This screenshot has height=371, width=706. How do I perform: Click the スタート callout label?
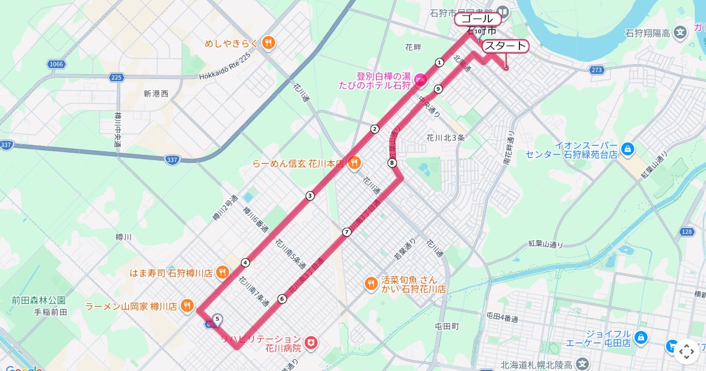click(x=505, y=47)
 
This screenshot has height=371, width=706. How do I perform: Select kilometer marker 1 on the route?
click(x=439, y=62)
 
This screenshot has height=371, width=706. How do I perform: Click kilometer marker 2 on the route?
click(x=374, y=129)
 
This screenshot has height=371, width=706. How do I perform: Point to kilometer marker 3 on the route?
click(x=309, y=196)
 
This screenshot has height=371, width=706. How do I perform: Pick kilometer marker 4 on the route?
click(x=245, y=262)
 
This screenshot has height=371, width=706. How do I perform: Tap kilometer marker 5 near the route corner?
click(x=218, y=319)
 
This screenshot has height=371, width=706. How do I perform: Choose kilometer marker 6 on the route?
click(x=282, y=299)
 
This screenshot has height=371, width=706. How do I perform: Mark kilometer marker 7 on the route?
click(x=347, y=232)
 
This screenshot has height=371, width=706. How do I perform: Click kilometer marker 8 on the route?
click(x=392, y=163)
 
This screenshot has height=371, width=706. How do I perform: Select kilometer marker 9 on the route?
click(x=438, y=89)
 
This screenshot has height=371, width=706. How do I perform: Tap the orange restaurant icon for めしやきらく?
click(x=268, y=42)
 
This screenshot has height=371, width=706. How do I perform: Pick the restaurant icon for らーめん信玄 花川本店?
click(x=354, y=163)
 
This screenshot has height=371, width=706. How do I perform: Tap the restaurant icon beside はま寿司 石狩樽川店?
click(x=222, y=272)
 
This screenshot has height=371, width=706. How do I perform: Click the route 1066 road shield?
click(x=56, y=64)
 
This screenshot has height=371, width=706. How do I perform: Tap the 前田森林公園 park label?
click(x=38, y=300)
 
